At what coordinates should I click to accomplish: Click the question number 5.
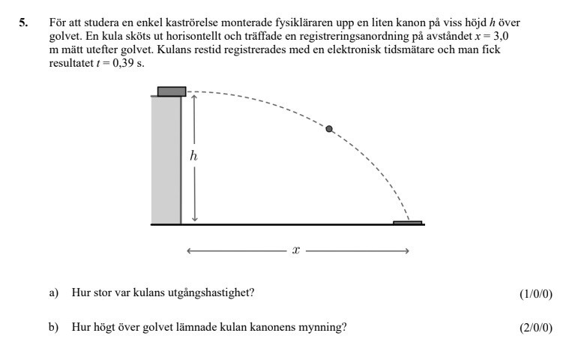(23, 24)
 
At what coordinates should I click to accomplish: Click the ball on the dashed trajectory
(328, 129)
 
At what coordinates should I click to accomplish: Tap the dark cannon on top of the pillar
(172, 91)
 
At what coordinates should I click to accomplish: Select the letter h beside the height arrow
(193, 156)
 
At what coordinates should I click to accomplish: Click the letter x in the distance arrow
(296, 251)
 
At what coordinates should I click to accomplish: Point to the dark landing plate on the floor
(408, 223)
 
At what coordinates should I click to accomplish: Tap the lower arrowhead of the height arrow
(194, 218)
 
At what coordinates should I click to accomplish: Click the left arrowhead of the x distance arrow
(190, 251)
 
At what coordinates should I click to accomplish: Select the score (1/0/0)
(535, 293)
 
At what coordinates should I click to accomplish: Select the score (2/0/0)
(535, 328)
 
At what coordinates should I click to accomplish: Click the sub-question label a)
(53, 292)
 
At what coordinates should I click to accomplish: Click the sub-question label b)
(53, 327)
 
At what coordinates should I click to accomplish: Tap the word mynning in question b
(326, 327)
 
